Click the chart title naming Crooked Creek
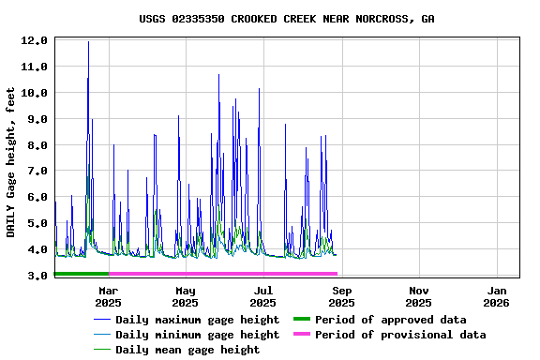pos(286,19)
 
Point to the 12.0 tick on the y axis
pos(34,40)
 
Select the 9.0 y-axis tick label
pos(34,119)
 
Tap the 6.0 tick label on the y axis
pos(34,198)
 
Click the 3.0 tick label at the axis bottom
pos(34,277)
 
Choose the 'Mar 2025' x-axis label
pos(108,296)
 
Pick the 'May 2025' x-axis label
pos(186,296)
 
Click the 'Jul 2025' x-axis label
pos(263,296)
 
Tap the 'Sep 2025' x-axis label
pos(341,296)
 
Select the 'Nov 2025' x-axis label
pos(419,296)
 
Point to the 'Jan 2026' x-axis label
pos(496,296)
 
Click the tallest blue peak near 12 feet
pos(88,42)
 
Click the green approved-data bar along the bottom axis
pos(82,274)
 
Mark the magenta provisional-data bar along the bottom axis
pos(223,274)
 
